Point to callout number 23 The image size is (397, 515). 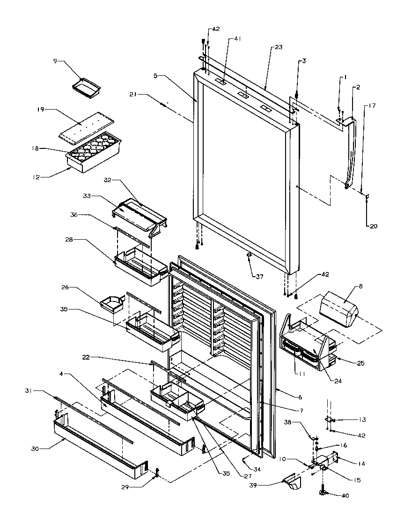coord(279,47)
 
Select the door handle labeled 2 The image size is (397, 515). coord(352,150)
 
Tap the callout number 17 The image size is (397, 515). coord(372,106)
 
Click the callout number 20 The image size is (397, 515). coord(373,227)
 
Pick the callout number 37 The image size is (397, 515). coord(259,277)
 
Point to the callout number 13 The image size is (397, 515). coord(363,419)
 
